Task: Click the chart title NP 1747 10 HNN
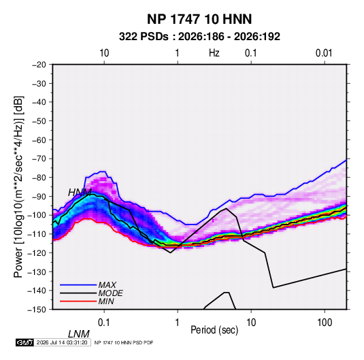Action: coord(199,19)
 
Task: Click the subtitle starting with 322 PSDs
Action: coord(199,37)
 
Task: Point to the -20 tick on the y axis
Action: coord(39,65)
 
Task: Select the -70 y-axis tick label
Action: coord(39,159)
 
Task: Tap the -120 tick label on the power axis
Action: coord(37,252)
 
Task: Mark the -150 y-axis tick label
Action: coord(37,310)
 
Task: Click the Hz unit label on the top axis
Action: coord(214,53)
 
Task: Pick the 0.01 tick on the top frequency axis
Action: coord(324,53)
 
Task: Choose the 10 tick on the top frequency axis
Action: coord(104,53)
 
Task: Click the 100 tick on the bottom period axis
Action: coord(325,323)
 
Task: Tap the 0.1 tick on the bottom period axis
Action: coord(104,323)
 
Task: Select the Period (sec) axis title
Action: coord(214,330)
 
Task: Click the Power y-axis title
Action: coord(18,186)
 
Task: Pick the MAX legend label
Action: coord(107,285)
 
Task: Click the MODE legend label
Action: coord(110,293)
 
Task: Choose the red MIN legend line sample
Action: coord(78,301)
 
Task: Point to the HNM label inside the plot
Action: coord(80,193)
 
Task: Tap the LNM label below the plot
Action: coord(78,334)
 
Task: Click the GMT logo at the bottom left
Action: coord(25,342)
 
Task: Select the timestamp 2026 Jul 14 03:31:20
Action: coord(62,342)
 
